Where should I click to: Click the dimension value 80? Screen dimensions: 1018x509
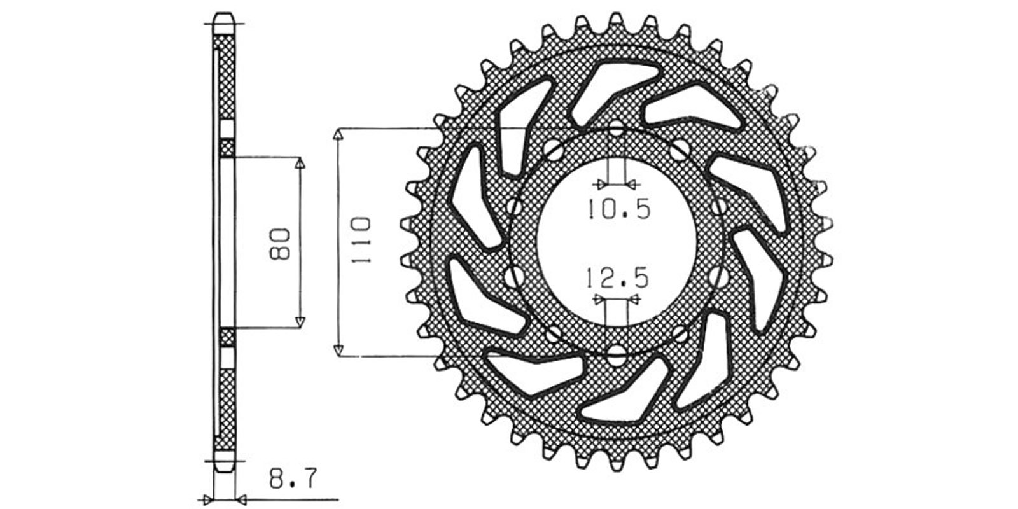279,244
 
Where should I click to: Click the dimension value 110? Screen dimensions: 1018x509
361,241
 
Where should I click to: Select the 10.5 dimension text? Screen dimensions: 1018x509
619,209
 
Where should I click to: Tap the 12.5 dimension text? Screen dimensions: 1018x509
617,278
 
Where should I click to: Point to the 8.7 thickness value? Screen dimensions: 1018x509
292,479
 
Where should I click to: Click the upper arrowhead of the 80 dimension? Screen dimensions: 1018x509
300,163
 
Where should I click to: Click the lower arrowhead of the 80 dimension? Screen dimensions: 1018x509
300,322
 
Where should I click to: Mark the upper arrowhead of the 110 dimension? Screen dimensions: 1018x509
338,134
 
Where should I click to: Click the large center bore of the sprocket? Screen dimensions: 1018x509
617,242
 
